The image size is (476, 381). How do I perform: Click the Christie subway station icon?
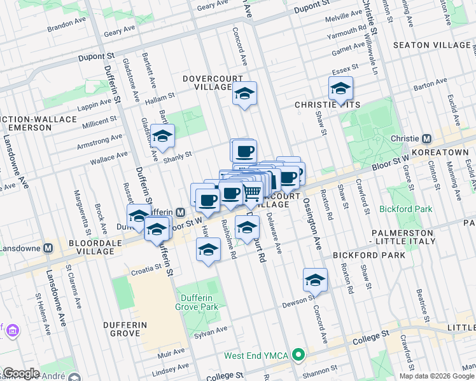[x=427, y=138]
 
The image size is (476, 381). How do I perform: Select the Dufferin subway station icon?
[x=181, y=212]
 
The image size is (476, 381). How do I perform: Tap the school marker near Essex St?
[x=340, y=89]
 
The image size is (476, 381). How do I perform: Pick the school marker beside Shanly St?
[x=162, y=137]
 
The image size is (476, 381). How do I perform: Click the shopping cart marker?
[x=252, y=193]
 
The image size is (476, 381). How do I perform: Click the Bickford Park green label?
[x=405, y=208]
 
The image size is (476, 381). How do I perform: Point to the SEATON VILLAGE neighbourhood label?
[x=430, y=45]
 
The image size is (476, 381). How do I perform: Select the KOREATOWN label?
[x=444, y=153]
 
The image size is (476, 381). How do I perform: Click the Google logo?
[x=21, y=373]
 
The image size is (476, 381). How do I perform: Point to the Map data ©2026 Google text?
[x=436, y=376]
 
